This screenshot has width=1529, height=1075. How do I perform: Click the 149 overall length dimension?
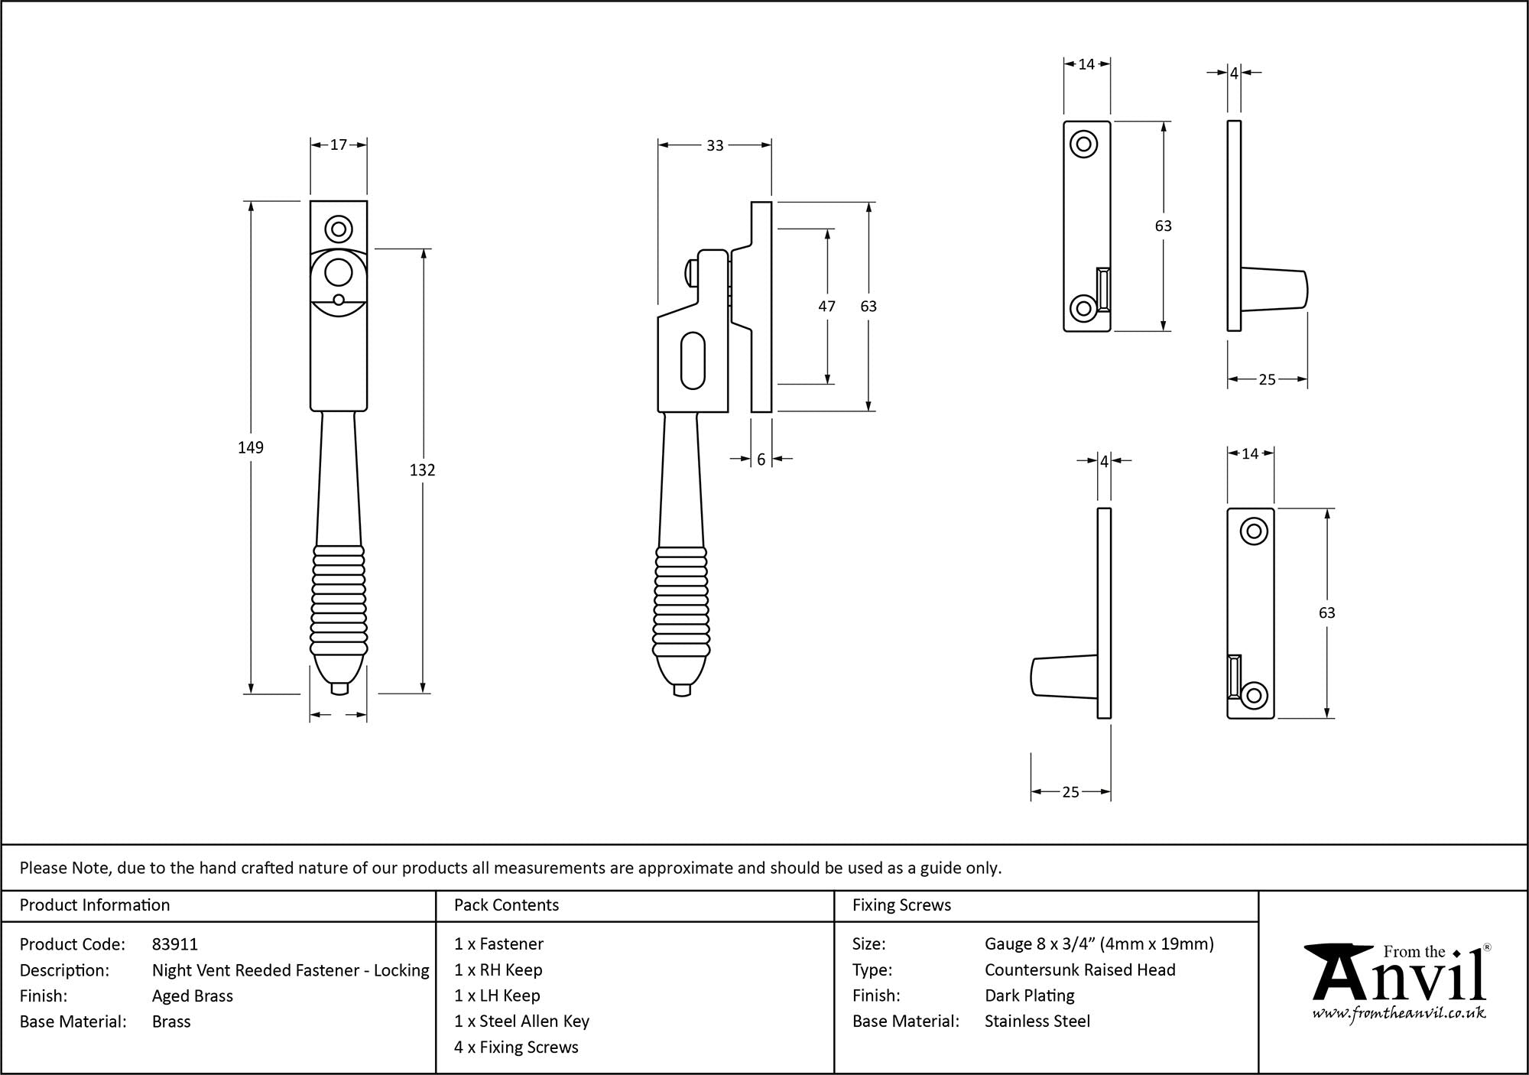coord(251,447)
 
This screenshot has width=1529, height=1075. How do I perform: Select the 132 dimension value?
coord(422,470)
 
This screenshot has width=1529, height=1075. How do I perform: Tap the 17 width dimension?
coord(339,145)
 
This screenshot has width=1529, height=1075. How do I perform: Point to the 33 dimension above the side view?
coord(715,145)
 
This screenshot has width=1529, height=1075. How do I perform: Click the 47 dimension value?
coord(826,306)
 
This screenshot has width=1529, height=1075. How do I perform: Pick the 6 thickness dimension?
coord(761,460)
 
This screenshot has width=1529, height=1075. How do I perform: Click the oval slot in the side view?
coord(693,359)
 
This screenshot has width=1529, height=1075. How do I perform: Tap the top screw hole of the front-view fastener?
coord(338,229)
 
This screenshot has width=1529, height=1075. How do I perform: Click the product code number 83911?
coord(175,944)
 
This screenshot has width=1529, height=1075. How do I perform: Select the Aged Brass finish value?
coord(193,995)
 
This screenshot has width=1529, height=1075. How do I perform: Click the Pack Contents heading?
coord(506,905)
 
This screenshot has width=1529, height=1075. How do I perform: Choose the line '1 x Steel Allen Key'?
coord(521,1021)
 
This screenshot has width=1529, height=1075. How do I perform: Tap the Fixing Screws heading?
coord(901,905)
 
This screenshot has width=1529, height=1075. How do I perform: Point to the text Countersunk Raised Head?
coord(1079,969)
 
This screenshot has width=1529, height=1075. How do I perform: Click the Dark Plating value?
coord(1029,995)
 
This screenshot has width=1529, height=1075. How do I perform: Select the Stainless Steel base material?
coord(1037,1021)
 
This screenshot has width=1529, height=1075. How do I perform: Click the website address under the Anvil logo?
coord(1399,1014)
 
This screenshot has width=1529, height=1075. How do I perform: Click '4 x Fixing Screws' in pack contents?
coord(516,1047)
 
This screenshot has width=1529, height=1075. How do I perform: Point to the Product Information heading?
coord(95,905)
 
